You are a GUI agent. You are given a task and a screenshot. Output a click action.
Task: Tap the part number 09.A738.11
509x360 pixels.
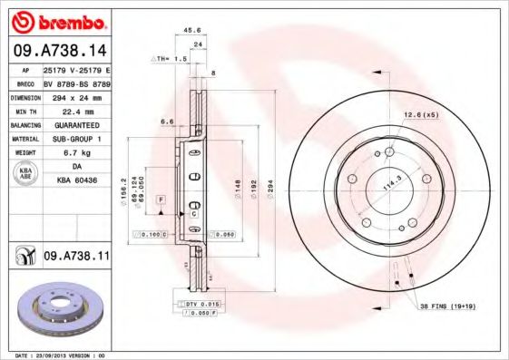click(76, 258)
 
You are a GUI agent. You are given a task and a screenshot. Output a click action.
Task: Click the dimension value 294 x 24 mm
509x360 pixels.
click(77, 95)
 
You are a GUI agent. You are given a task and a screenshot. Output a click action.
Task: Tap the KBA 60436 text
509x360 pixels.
click(77, 181)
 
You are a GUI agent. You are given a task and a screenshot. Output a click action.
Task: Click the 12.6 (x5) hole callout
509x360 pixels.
click(420, 114)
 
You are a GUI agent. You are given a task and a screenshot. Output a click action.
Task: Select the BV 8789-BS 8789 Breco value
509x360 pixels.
click(77, 81)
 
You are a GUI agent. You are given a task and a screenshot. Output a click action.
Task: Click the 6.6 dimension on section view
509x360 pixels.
click(167, 121)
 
